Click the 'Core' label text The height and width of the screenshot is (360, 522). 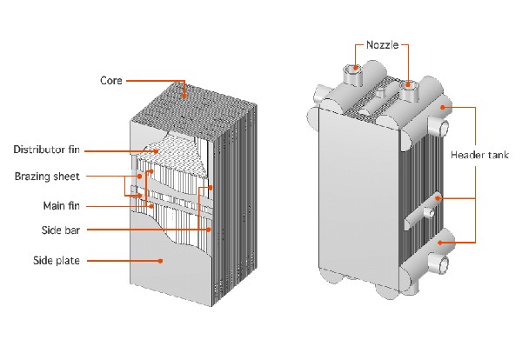110,81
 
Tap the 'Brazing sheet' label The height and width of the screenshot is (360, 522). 48,177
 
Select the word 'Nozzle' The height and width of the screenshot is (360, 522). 383,45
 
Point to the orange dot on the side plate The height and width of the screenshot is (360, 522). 159,260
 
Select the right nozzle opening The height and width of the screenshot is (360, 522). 407,85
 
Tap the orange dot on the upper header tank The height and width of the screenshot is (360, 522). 442,107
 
